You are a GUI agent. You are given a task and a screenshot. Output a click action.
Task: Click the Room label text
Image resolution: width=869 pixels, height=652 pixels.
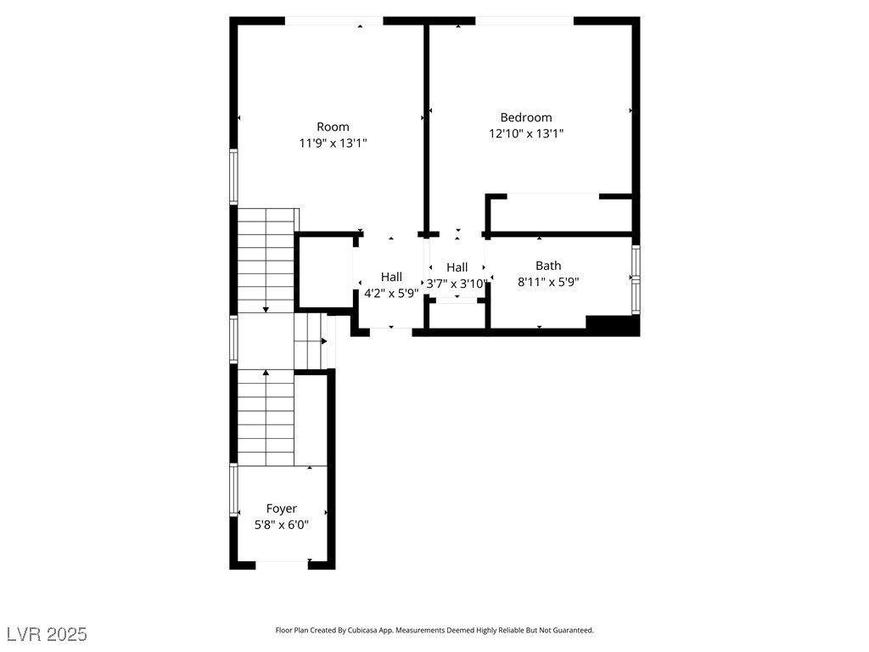click(x=333, y=127)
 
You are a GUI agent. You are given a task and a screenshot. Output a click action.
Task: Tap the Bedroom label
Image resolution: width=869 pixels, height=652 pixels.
click(x=526, y=118)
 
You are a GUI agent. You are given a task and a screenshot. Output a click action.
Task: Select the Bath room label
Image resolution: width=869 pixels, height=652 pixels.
click(x=548, y=266)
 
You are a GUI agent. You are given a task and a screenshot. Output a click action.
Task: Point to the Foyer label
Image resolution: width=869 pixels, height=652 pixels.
click(x=282, y=509)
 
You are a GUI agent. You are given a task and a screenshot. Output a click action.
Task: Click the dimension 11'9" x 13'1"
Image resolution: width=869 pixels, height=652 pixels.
click(x=333, y=143)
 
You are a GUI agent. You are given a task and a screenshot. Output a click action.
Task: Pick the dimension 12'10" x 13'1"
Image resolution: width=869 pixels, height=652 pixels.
click(x=526, y=133)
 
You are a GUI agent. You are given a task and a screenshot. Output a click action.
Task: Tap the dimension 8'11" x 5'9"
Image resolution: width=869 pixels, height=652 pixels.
click(x=548, y=281)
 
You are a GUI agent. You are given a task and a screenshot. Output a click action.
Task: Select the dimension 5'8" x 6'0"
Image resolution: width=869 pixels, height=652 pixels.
click(x=282, y=525)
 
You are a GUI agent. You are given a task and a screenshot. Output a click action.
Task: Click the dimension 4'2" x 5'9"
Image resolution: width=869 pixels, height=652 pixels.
click(x=391, y=293)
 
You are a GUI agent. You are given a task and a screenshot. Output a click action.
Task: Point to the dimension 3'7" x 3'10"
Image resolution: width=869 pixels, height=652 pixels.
click(x=457, y=284)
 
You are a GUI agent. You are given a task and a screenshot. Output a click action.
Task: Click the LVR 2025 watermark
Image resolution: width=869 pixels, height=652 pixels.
click(x=46, y=633)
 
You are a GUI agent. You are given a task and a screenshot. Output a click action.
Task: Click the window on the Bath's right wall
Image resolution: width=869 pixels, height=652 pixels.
click(x=636, y=280)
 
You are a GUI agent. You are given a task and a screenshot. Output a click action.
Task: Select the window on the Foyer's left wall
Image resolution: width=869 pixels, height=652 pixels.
click(x=233, y=490)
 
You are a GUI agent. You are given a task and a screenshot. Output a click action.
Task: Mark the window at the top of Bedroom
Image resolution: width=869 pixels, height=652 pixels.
click(x=524, y=20)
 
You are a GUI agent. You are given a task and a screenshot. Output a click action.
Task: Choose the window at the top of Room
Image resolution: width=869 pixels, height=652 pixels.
click(x=333, y=20)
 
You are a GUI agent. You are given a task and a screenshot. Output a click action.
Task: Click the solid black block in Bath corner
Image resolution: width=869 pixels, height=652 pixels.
click(x=612, y=325)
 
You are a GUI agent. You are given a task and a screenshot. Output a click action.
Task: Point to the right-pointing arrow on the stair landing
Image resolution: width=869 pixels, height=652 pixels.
click(x=324, y=341)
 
